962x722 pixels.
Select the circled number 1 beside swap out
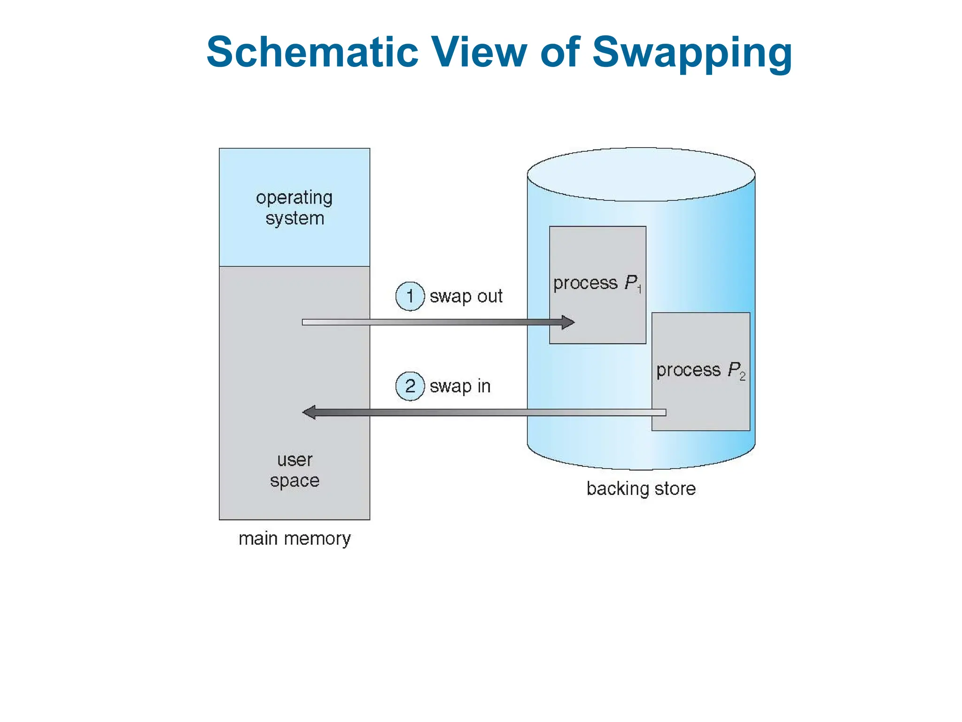point(410,296)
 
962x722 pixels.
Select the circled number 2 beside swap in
point(410,386)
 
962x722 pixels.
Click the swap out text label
point(466,297)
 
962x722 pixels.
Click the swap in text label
point(460,386)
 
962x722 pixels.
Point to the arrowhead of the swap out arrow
point(569,322)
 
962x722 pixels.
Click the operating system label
point(295,208)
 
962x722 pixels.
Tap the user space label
point(295,470)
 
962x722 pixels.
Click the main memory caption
point(295,539)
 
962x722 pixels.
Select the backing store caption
point(641,489)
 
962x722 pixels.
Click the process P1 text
point(597,283)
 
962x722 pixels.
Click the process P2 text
point(700,370)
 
